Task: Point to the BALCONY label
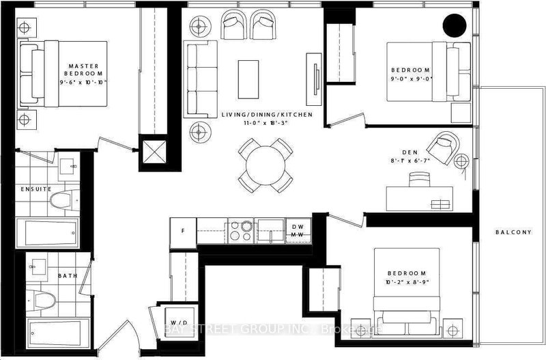[x=513, y=232]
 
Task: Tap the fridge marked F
[x=182, y=230]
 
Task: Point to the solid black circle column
[x=454, y=27]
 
